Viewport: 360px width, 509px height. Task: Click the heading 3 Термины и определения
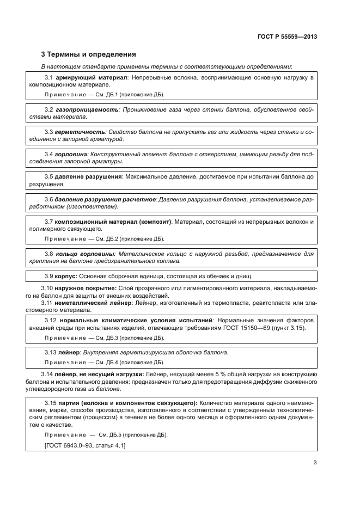pos(89,54)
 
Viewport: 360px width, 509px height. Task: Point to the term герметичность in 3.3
pos(80,132)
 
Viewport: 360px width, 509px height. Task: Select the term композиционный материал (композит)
pos(113,222)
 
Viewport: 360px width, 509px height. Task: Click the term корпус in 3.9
pos(66,275)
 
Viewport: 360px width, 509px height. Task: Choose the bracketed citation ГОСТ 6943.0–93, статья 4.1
pos(85,445)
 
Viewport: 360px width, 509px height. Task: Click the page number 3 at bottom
pos(315,463)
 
